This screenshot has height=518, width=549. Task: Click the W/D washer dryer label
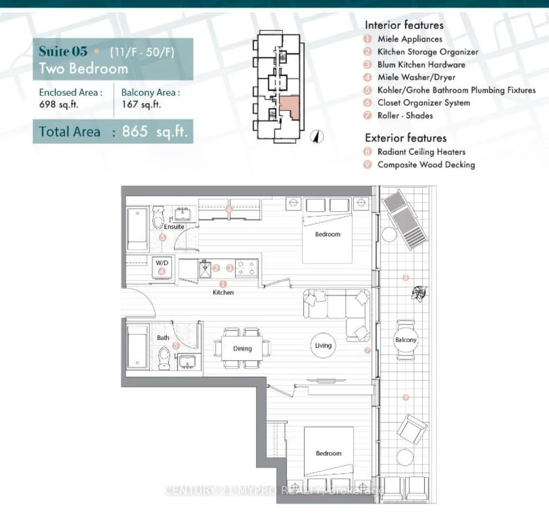click(x=162, y=262)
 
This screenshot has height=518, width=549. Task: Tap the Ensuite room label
click(x=174, y=227)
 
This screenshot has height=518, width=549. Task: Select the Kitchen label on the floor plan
click(x=223, y=292)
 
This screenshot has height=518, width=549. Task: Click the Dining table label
click(x=243, y=348)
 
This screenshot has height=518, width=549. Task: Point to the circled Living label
click(x=323, y=345)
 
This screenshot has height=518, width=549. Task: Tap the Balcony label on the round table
click(x=406, y=340)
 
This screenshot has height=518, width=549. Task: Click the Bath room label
click(x=163, y=338)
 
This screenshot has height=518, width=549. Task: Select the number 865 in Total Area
click(x=135, y=131)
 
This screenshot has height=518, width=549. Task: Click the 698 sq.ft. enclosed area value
click(x=59, y=104)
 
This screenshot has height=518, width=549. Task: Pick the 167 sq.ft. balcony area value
click(x=141, y=104)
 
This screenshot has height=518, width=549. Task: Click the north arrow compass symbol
click(x=317, y=136)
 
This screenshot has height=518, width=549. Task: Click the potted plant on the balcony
click(x=419, y=293)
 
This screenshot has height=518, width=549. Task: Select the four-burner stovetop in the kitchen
click(x=246, y=268)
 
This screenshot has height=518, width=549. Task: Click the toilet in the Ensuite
click(x=158, y=218)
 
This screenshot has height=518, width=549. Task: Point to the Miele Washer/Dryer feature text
click(x=416, y=77)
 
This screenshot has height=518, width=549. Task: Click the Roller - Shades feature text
click(x=405, y=116)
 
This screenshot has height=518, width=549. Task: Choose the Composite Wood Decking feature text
click(x=426, y=165)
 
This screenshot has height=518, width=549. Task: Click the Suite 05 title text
click(x=63, y=51)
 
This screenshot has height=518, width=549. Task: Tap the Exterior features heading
click(x=406, y=138)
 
